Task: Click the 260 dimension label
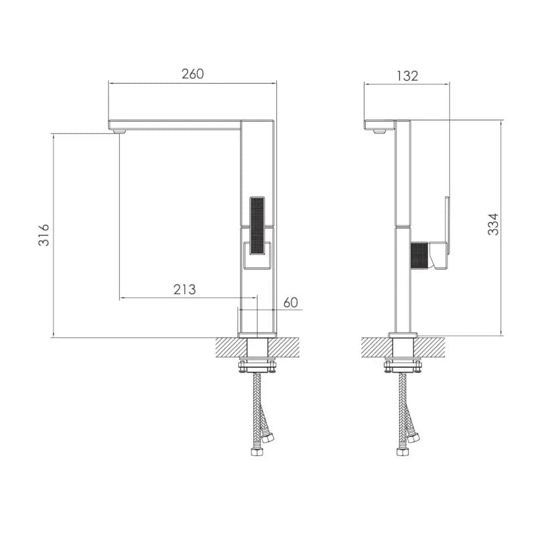point(193,74)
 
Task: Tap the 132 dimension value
point(407,76)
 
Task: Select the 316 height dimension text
point(43,235)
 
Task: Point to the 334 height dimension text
point(493,224)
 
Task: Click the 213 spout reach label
point(185,290)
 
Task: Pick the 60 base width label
point(291,303)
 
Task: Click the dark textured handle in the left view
point(257,225)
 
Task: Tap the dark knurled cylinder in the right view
point(419,255)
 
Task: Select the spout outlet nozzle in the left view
point(120,131)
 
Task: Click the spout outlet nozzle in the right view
point(379,131)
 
